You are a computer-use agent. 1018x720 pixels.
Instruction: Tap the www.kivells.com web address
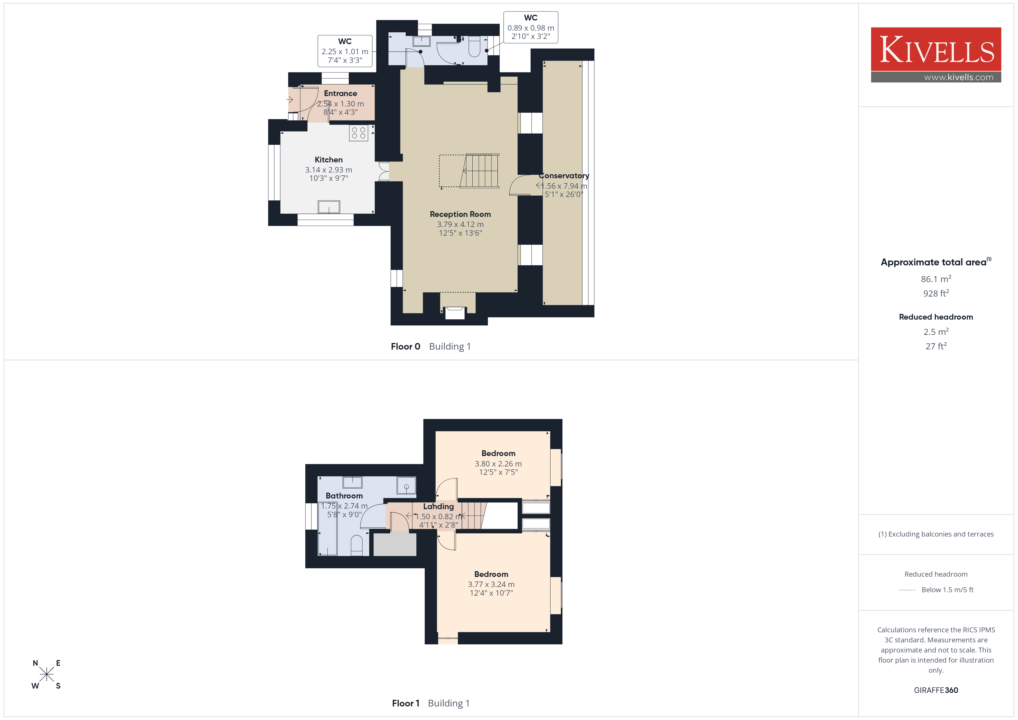point(959,77)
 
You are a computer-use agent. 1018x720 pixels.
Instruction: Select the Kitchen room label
point(329,160)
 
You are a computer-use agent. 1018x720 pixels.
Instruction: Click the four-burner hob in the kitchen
point(358,133)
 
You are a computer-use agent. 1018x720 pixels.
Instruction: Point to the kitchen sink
point(329,207)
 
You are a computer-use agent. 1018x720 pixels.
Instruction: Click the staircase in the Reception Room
point(479,171)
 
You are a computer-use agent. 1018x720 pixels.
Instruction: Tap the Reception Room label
point(460,214)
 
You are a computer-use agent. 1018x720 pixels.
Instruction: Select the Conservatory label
point(564,176)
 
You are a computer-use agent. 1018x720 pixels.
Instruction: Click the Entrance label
point(340,93)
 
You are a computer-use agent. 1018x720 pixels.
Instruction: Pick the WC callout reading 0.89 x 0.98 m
point(531,27)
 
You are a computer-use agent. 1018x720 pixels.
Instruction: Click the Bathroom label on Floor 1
point(344,496)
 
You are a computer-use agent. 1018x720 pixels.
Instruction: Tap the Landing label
point(439,506)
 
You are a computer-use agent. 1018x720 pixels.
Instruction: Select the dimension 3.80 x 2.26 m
point(498,464)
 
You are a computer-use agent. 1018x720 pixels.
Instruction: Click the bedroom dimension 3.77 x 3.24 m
point(491,584)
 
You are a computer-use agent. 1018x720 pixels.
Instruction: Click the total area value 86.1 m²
point(936,279)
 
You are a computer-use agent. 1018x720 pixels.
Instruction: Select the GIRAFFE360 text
point(936,690)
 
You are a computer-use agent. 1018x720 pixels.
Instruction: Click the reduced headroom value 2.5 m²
point(936,332)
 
